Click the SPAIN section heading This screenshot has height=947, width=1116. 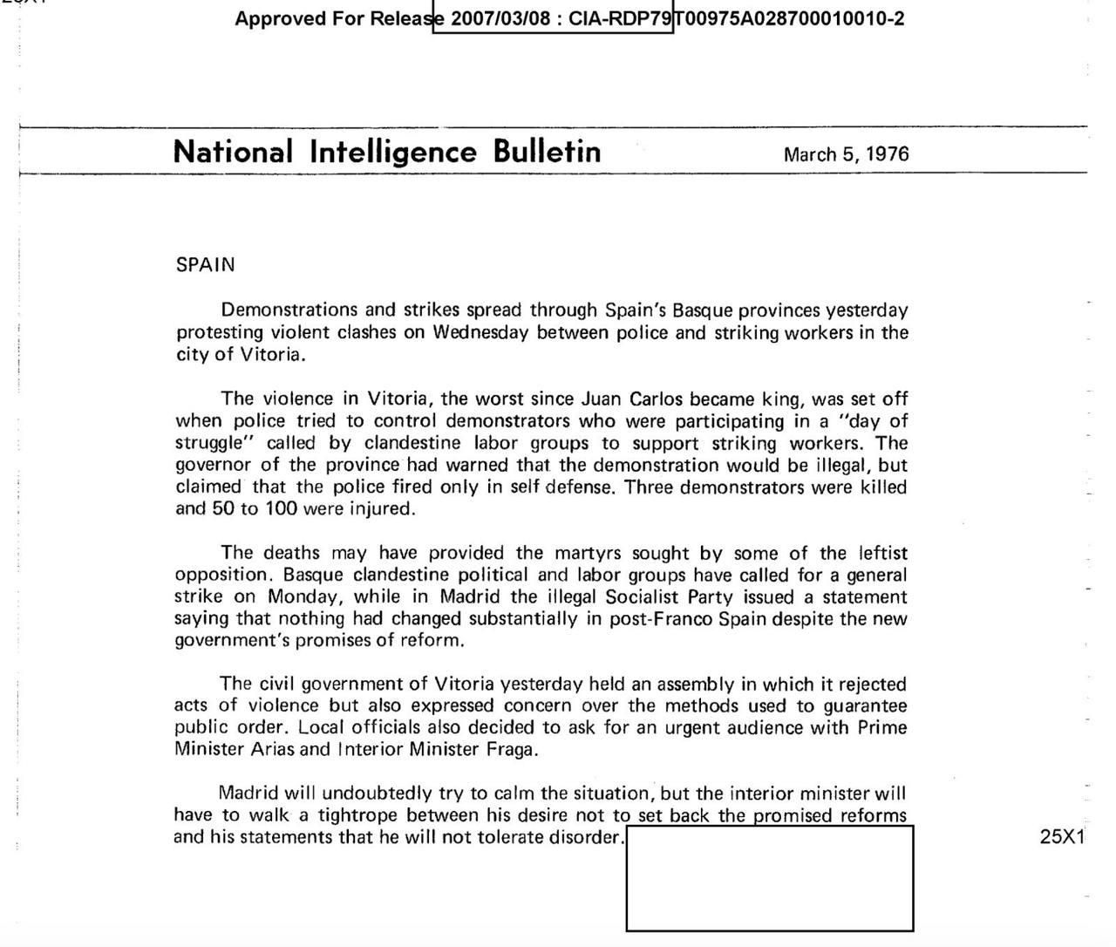coord(205,265)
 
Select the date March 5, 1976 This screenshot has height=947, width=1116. coord(846,154)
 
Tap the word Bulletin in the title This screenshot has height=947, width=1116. coord(547,152)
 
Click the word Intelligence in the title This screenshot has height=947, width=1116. coord(393,152)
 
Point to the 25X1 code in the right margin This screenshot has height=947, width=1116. coord(1062,836)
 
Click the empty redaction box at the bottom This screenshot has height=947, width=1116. coord(769,878)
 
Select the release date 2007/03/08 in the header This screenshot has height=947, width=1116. coord(501,18)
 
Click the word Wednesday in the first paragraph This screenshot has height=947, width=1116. coord(480,332)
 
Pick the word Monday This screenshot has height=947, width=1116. coord(303,597)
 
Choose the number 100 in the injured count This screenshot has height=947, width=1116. coord(281,508)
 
